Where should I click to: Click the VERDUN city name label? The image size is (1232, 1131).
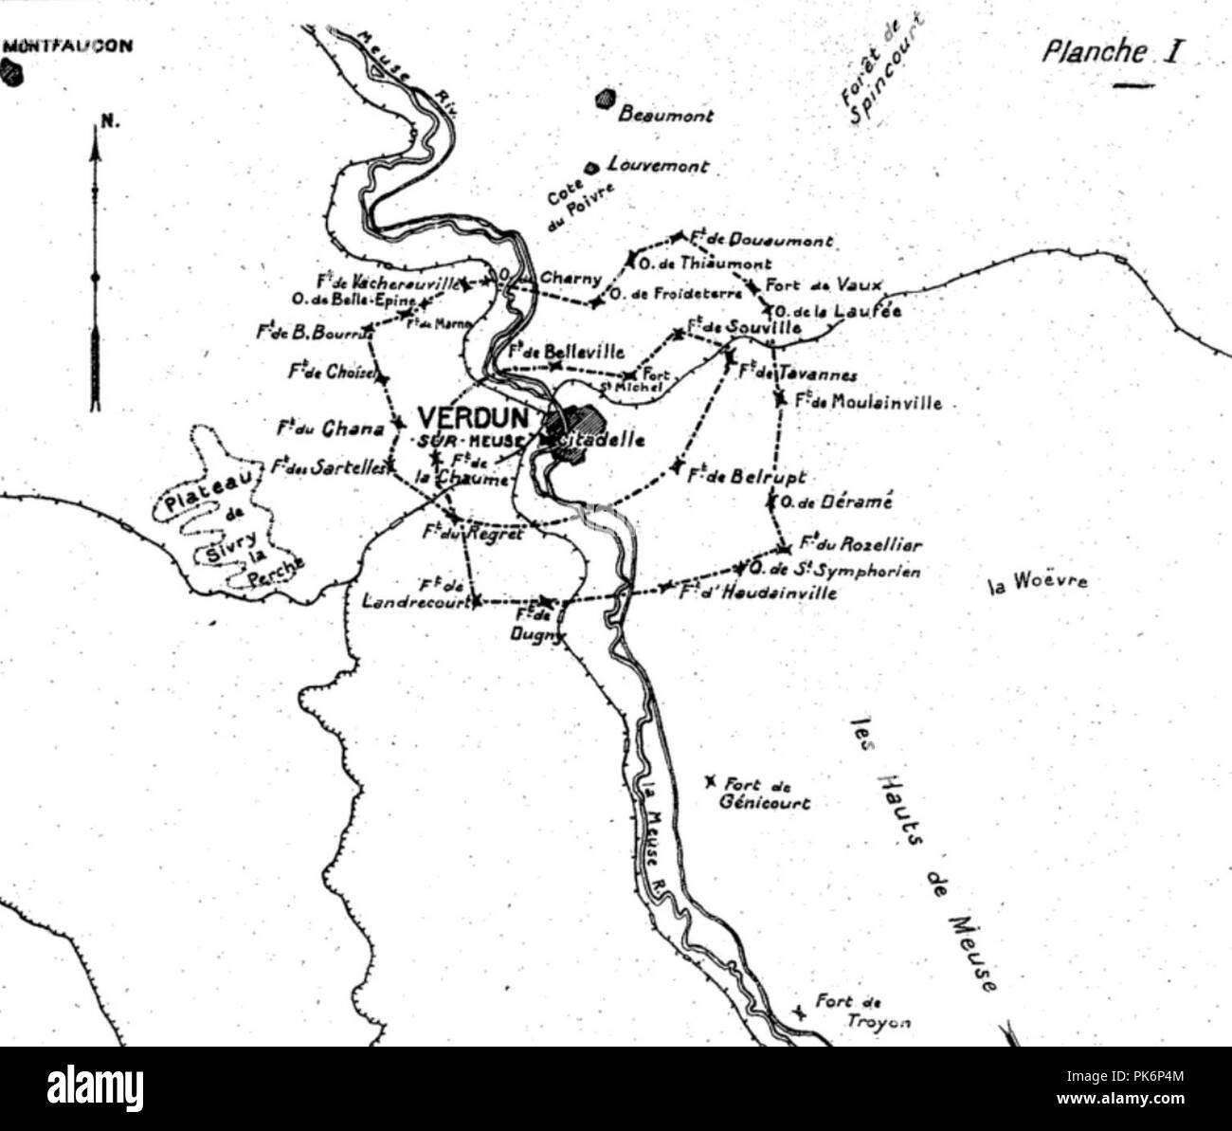coord(466,417)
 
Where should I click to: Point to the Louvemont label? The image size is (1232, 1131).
coord(658,166)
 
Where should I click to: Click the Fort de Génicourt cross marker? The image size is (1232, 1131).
coord(710,782)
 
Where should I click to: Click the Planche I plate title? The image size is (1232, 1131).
coord(1110,51)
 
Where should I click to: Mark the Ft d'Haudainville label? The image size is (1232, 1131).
coord(757,593)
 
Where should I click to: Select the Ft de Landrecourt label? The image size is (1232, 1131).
coord(418,593)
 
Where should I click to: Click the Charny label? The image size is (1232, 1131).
coord(571,279)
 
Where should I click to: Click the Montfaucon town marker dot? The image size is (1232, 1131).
coord(13,73)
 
